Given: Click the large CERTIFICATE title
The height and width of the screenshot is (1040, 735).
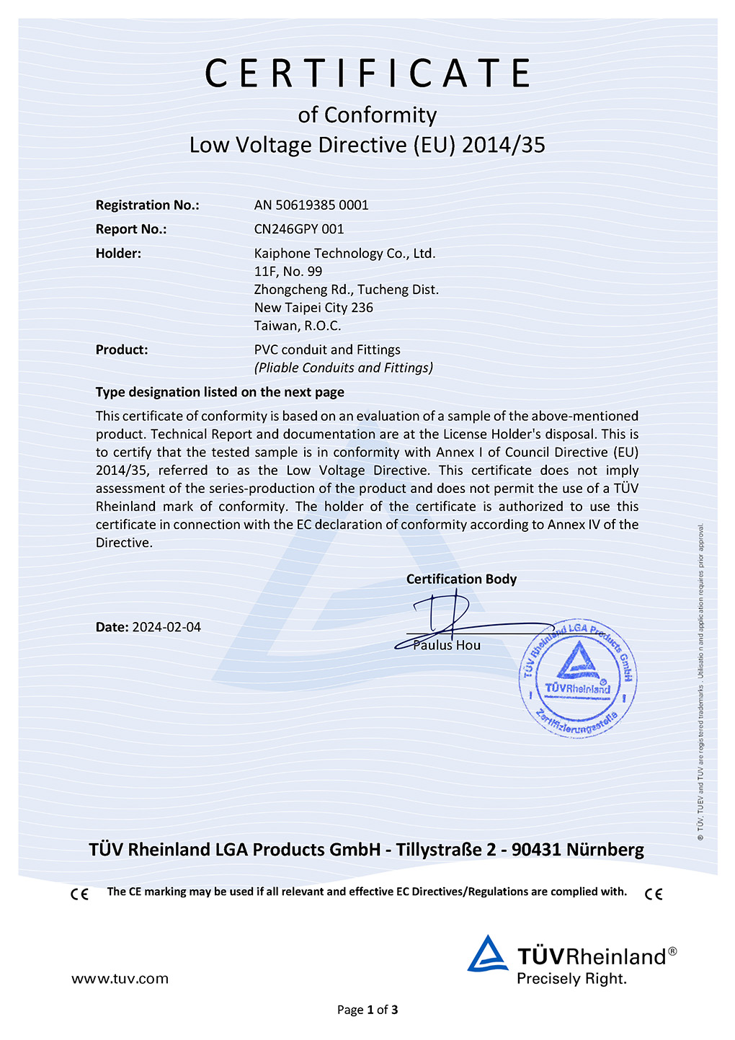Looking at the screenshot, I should [367, 74].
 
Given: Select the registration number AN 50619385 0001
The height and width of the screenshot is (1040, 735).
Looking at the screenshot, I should [311, 205].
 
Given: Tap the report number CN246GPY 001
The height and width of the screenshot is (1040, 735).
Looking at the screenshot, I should [299, 229].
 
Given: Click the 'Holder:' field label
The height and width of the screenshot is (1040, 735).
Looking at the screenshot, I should [118, 254].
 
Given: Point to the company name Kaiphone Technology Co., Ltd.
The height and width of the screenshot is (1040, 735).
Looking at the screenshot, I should [344, 254].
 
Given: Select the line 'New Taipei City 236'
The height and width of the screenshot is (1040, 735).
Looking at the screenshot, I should [313, 308].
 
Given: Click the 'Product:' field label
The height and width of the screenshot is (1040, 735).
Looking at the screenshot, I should [122, 350].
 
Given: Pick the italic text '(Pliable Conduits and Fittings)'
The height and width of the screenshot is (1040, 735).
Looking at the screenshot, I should [344, 368].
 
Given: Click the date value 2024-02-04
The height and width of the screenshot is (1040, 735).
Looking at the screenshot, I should [166, 628].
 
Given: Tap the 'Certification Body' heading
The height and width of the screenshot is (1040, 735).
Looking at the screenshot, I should [461, 579].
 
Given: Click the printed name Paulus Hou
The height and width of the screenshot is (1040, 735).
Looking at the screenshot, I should [447, 646].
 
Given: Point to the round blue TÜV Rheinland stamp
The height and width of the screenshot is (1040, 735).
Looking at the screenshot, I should [577, 678].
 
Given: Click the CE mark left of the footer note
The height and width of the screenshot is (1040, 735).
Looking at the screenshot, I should [79, 894].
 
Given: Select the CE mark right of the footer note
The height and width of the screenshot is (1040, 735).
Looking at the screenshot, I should [654, 894].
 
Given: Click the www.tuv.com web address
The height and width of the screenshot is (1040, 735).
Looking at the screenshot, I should [120, 979].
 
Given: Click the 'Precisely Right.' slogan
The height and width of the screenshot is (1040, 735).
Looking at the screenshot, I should [571, 979].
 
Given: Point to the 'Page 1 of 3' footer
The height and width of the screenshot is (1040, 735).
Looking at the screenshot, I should [367, 1010].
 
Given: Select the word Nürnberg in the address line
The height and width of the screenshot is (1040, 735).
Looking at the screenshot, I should [605, 850].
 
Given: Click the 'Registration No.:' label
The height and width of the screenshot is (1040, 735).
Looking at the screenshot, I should [147, 205].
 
